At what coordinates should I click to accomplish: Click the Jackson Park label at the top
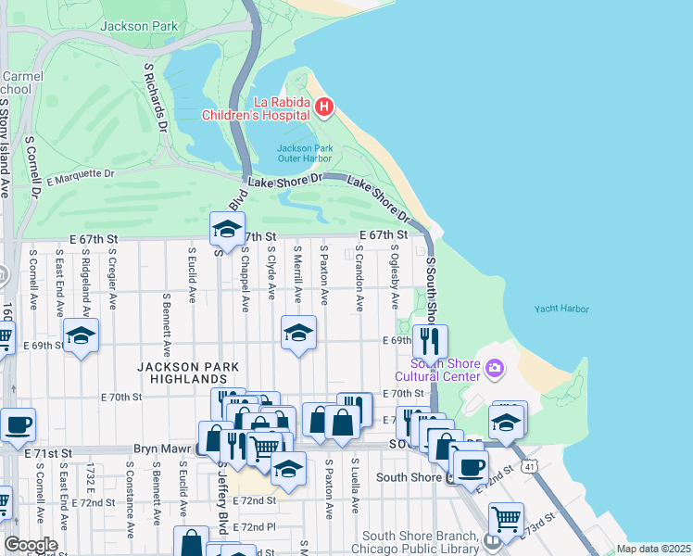139,27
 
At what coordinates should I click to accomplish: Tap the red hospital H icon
323,107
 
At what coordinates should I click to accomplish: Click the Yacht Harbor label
561,310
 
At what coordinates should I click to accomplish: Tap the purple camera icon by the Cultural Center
494,370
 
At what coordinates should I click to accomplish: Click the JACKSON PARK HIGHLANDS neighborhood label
182,373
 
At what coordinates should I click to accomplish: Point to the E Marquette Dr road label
79,175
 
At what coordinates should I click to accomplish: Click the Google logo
30,545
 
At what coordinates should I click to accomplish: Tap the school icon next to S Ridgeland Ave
81,335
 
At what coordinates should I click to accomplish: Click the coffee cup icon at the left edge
18,426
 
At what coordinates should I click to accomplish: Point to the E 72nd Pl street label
255,526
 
